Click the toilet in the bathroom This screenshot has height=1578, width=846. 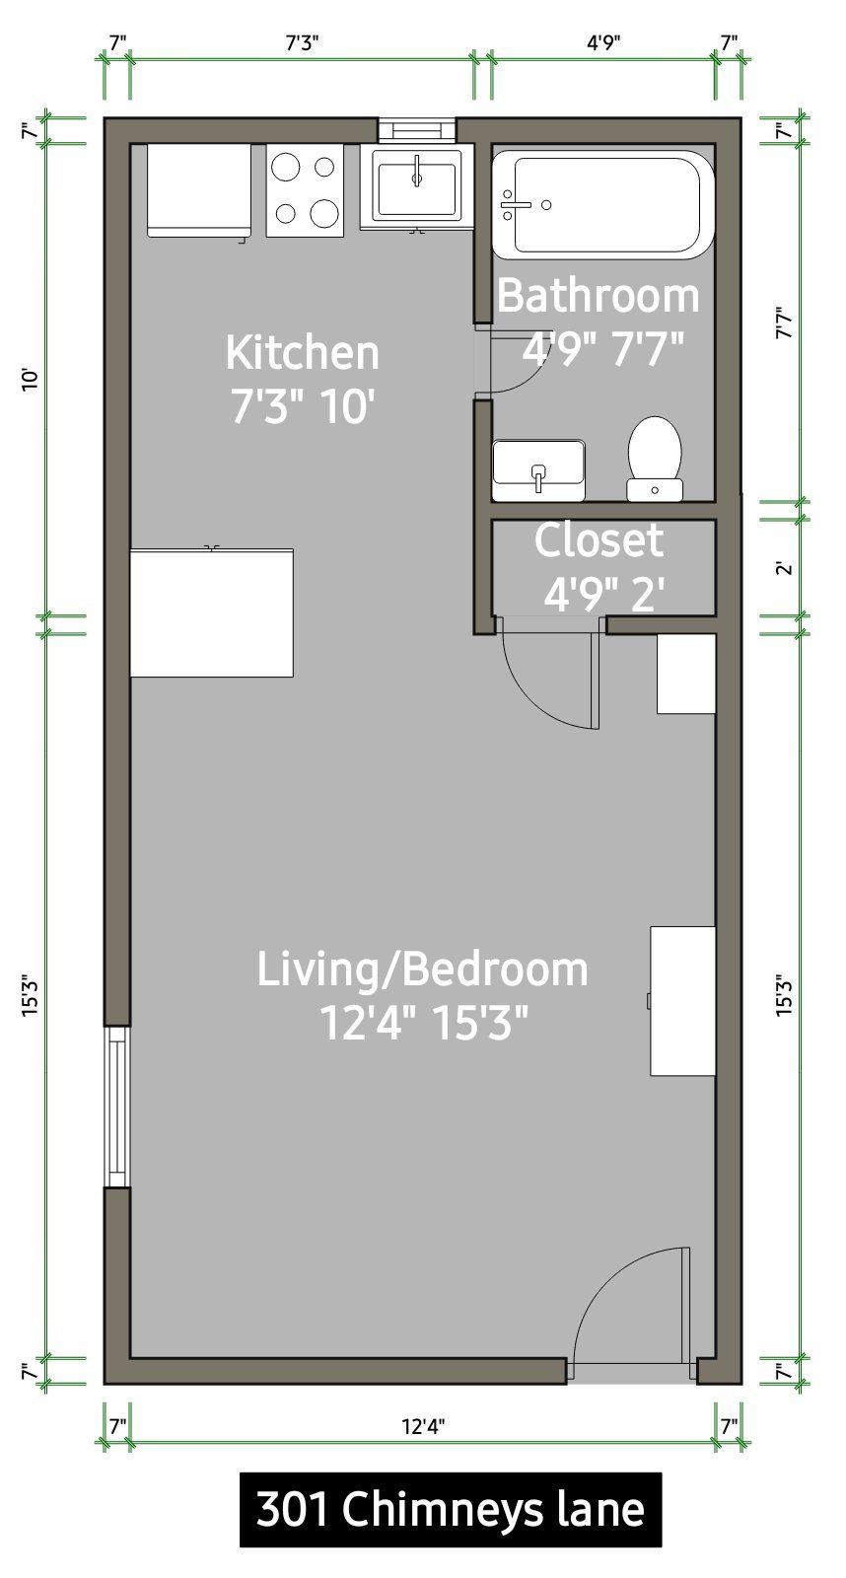click(655, 459)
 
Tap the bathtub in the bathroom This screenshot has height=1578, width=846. click(602, 204)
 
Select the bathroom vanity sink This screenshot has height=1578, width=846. click(539, 470)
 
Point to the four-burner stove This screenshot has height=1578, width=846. click(305, 190)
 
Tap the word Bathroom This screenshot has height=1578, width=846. click(599, 296)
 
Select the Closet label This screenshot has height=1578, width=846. click(599, 540)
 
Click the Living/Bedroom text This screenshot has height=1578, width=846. click(422, 969)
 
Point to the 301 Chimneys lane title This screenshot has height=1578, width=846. click(451, 1510)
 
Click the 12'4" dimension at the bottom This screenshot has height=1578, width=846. click(423, 1427)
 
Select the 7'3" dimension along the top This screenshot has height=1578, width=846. click(302, 43)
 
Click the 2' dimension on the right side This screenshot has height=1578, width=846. click(784, 567)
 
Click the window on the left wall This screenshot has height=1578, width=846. click(117, 1107)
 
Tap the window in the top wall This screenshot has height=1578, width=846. click(417, 130)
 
